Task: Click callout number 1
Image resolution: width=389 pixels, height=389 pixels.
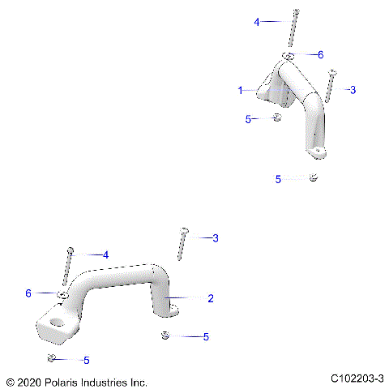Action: coord(240,91)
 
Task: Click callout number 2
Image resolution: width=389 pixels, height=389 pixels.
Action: coord(211,298)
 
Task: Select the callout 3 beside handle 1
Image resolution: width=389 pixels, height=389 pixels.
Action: coord(353,90)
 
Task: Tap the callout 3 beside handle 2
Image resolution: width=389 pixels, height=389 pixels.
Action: coord(215,238)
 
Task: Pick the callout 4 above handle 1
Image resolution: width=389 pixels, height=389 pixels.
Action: coord(257,23)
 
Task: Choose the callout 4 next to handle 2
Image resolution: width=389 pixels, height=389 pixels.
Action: coord(105,254)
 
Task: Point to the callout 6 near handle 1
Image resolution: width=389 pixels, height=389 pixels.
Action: coord(320,54)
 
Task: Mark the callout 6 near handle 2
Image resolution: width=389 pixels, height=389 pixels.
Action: coord(28,293)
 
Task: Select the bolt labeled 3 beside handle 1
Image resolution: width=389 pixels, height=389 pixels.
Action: coord(331,86)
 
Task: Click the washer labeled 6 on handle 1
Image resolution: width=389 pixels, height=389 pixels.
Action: coord(289,56)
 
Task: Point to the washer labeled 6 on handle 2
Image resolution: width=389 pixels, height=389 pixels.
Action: coord(62,293)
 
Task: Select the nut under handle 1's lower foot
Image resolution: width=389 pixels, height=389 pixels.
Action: coord(314,178)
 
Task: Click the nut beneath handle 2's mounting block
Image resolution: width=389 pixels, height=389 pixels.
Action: coord(51,359)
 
